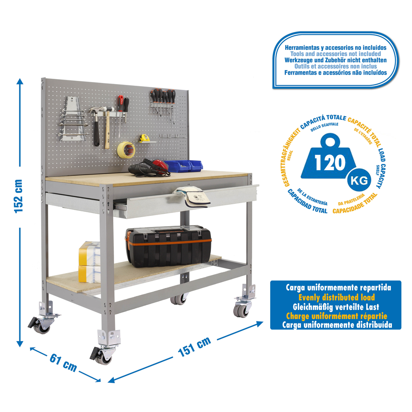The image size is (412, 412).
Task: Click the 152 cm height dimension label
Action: click(19, 196)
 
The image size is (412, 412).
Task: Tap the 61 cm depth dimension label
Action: click(63, 363)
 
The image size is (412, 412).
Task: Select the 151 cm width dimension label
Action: click(194, 346)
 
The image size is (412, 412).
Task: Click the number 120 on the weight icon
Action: click(330, 163)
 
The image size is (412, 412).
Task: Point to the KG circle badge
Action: click(359, 180)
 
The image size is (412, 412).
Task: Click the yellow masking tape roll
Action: click(126, 150)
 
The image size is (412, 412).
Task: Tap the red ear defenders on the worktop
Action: click(160, 165)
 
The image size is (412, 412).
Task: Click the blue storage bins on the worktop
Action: click(183, 166)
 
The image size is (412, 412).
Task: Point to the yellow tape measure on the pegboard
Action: click(144, 138)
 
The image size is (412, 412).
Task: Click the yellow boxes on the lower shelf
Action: click(89, 262)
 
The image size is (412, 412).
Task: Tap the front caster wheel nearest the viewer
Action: click(103, 355)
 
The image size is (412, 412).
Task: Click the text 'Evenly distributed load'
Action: click(336, 297)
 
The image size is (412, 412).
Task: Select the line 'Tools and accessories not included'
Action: click(335, 54)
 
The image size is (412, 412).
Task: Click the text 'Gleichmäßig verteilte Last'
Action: click(336, 307)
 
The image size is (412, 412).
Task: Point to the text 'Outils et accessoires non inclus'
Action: click(335, 66)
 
